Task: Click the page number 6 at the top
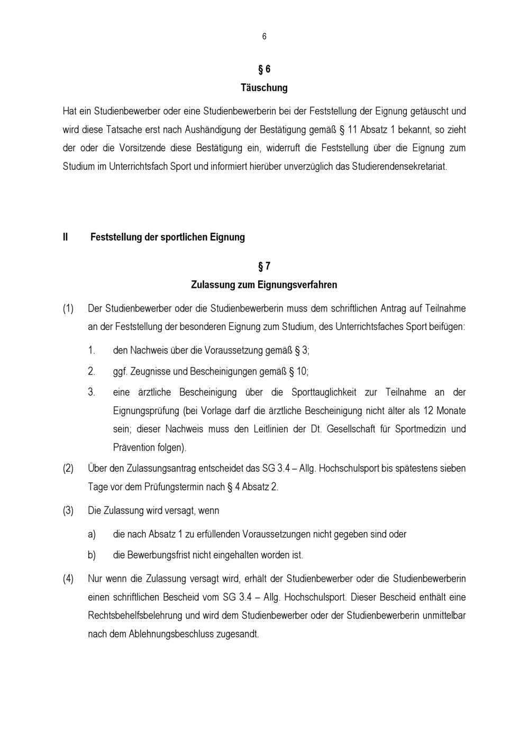[264, 37]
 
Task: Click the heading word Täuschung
[264, 88]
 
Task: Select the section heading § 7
[264, 266]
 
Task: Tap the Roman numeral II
[65, 237]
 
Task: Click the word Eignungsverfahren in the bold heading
[297, 285]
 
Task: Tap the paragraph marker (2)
[68, 468]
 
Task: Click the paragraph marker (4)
[68, 579]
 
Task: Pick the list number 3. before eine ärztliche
[92, 393]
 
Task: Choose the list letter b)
[92, 555]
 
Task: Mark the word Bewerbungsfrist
[161, 555]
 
